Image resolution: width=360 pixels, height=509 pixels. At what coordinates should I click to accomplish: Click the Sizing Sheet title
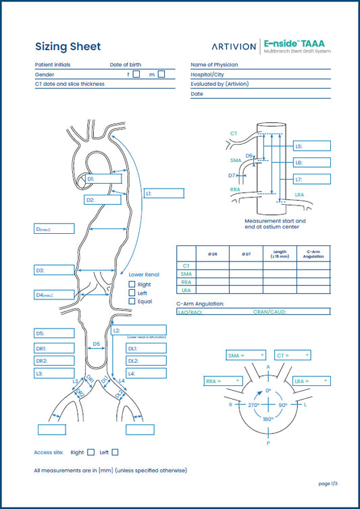[x=68, y=47]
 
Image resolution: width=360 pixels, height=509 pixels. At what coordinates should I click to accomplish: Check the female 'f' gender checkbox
[x=136, y=74]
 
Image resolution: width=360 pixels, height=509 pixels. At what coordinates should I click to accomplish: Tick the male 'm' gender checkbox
[x=161, y=74]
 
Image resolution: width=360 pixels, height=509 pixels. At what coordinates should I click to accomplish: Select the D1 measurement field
[x=105, y=179]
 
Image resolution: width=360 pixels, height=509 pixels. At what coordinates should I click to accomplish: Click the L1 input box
[x=163, y=193]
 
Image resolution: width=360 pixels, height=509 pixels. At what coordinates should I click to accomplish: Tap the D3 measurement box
[x=54, y=270]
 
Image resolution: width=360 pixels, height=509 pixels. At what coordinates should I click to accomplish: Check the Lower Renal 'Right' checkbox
[x=132, y=285]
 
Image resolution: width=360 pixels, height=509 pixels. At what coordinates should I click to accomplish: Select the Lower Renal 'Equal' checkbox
[x=132, y=301]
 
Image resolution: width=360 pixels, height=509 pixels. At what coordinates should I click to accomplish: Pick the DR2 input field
[x=54, y=361]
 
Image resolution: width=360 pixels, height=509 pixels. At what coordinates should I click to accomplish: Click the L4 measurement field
[x=146, y=373]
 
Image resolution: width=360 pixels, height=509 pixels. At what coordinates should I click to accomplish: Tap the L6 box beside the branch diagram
[x=312, y=163]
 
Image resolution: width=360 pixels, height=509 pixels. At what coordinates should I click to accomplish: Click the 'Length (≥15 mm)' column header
[x=278, y=254]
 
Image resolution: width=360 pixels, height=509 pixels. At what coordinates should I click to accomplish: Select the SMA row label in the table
[x=186, y=274]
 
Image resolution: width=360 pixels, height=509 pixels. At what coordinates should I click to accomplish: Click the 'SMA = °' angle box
[x=245, y=355]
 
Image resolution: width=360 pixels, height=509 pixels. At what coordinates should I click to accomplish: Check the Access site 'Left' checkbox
[x=115, y=452]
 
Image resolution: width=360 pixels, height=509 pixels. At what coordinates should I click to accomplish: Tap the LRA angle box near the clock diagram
[x=313, y=381]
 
